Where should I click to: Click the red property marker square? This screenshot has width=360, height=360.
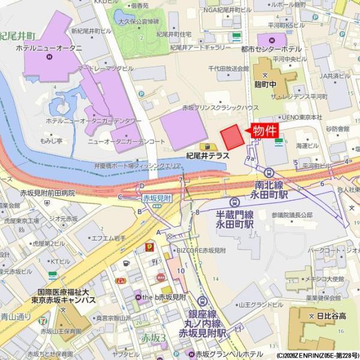233,138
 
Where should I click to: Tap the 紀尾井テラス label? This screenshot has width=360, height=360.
208,155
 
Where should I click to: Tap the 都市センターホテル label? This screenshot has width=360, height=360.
271,49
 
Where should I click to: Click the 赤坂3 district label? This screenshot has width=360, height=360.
153,339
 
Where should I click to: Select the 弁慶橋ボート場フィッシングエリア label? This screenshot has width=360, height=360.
137,165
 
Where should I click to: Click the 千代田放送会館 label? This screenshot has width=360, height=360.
229,69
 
